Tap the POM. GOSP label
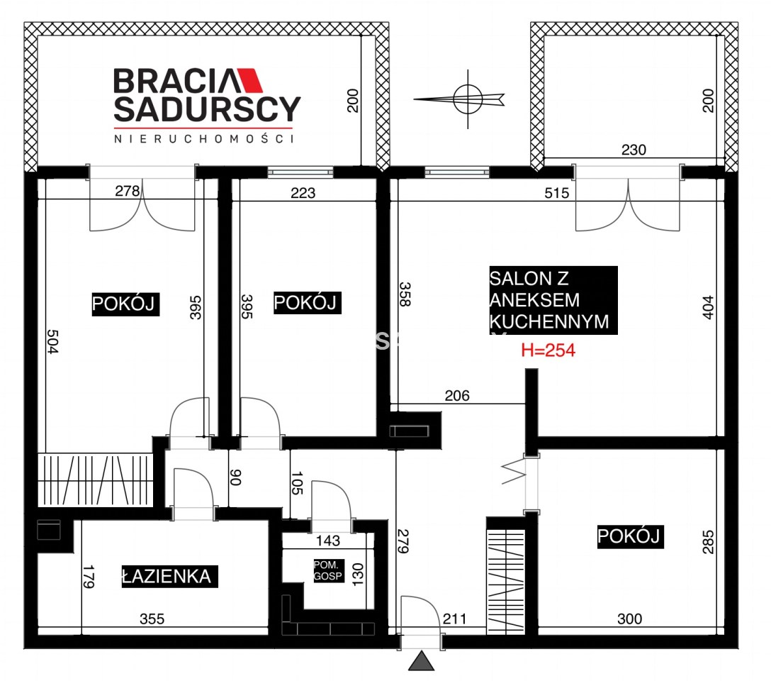329,571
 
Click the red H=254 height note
548,350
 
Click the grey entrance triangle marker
422,661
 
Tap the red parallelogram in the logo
249,80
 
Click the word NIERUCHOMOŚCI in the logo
204,139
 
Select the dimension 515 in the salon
556,193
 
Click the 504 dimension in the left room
52,341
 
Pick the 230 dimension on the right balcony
634,150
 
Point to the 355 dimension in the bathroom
152,619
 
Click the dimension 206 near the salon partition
457,396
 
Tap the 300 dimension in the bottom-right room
629,619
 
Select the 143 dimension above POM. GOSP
328,541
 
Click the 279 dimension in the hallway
403,541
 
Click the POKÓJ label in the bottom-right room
631,536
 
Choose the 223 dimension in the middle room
303,193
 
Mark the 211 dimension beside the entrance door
454,619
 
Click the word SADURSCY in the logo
207,109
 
